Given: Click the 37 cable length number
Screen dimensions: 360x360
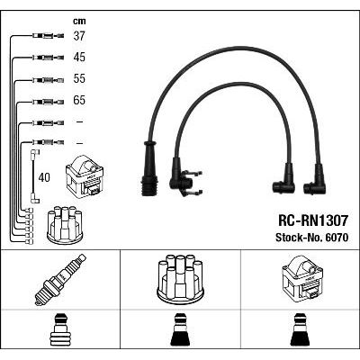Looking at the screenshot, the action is tap(79, 36).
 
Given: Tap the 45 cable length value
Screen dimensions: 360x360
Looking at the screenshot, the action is tap(79, 57).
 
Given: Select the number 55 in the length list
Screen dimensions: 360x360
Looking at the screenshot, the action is tap(79, 78).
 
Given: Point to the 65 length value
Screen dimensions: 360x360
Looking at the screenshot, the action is tap(79, 100).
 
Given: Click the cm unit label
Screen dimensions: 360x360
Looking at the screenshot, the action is tap(79, 22).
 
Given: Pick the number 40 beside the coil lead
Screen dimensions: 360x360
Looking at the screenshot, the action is tap(44, 177).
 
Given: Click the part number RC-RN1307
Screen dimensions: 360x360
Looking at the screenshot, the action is tap(313, 220).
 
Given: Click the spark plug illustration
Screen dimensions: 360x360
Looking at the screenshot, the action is tap(60, 281).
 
